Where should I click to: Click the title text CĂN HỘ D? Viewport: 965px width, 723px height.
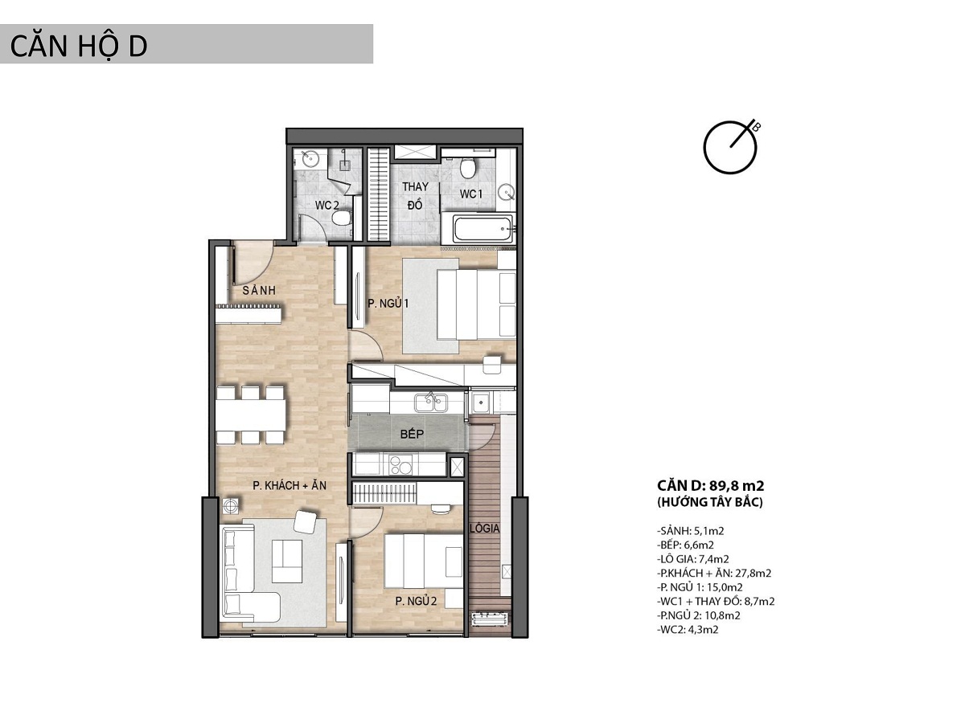point(78,46)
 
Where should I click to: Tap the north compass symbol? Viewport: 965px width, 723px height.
point(730,147)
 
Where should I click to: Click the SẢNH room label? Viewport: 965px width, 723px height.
point(259,290)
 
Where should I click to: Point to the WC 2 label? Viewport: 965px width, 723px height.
point(327,205)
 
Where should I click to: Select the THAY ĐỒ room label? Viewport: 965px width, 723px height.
point(415,196)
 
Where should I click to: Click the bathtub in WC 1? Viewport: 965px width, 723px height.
point(483,229)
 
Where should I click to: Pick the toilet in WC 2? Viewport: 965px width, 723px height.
point(342,217)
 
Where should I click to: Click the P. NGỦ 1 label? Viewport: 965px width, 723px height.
point(388,304)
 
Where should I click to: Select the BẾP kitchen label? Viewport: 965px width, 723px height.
point(412,435)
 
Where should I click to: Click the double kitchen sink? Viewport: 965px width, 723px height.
point(431,402)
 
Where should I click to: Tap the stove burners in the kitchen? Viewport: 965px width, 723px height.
point(400,466)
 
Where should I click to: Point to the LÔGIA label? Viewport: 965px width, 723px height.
point(484,529)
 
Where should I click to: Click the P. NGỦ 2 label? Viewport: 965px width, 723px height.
point(416,602)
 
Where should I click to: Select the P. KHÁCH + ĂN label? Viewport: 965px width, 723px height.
point(289,485)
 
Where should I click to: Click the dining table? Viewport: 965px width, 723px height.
point(251,415)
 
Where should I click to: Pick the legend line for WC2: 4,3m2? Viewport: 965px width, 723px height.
point(688,630)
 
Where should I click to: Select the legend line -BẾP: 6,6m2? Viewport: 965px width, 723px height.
point(685,545)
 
